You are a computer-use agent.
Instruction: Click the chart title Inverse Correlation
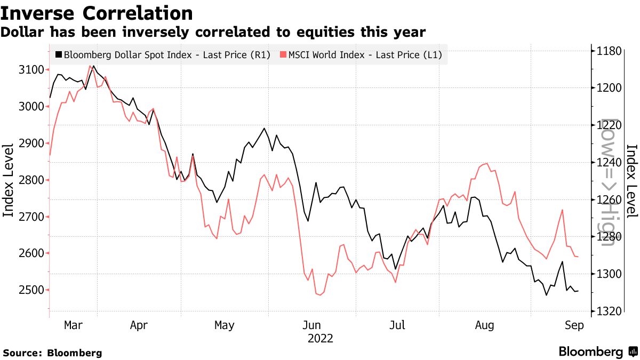97,12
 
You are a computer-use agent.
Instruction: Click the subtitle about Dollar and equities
213,32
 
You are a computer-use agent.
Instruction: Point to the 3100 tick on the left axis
30,70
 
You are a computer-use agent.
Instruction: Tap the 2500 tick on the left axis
30,290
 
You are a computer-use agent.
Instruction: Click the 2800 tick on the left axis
30,180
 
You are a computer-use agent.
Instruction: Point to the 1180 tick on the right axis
610,51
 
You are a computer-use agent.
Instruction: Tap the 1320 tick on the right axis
610,311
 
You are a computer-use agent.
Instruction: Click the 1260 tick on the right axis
610,199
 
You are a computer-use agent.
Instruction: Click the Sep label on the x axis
574,325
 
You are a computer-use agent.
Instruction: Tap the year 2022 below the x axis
321,338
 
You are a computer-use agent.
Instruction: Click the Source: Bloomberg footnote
52,353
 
